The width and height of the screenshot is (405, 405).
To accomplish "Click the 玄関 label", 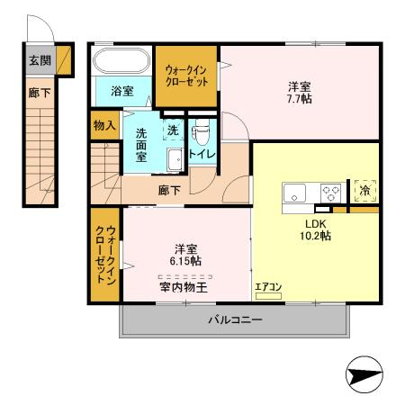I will [39, 61].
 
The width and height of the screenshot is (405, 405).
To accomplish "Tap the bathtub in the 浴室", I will [121, 64].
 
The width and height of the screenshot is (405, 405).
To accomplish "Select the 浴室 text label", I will [121, 92].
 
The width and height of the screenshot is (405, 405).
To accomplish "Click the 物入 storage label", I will [104, 124].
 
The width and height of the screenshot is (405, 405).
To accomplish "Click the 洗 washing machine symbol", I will [174, 130].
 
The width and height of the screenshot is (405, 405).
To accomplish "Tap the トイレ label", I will [201, 155].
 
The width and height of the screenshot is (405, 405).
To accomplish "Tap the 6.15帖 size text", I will [186, 262].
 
